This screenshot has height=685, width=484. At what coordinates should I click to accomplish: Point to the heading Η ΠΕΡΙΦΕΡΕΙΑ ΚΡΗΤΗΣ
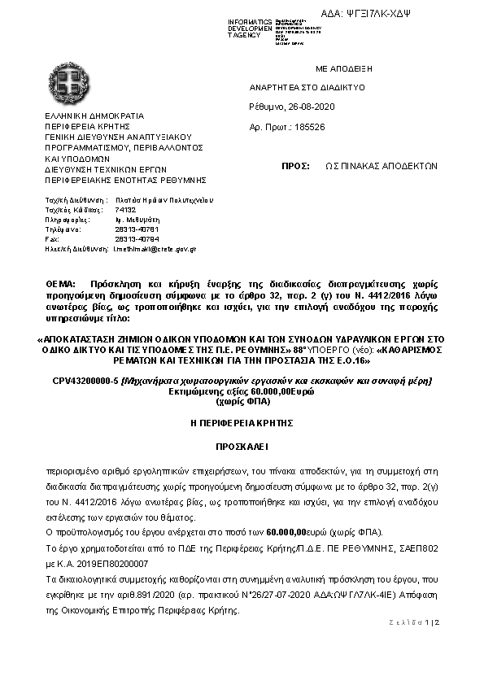tap(242, 423)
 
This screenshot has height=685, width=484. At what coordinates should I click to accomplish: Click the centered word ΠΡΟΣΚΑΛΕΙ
tap(242, 447)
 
